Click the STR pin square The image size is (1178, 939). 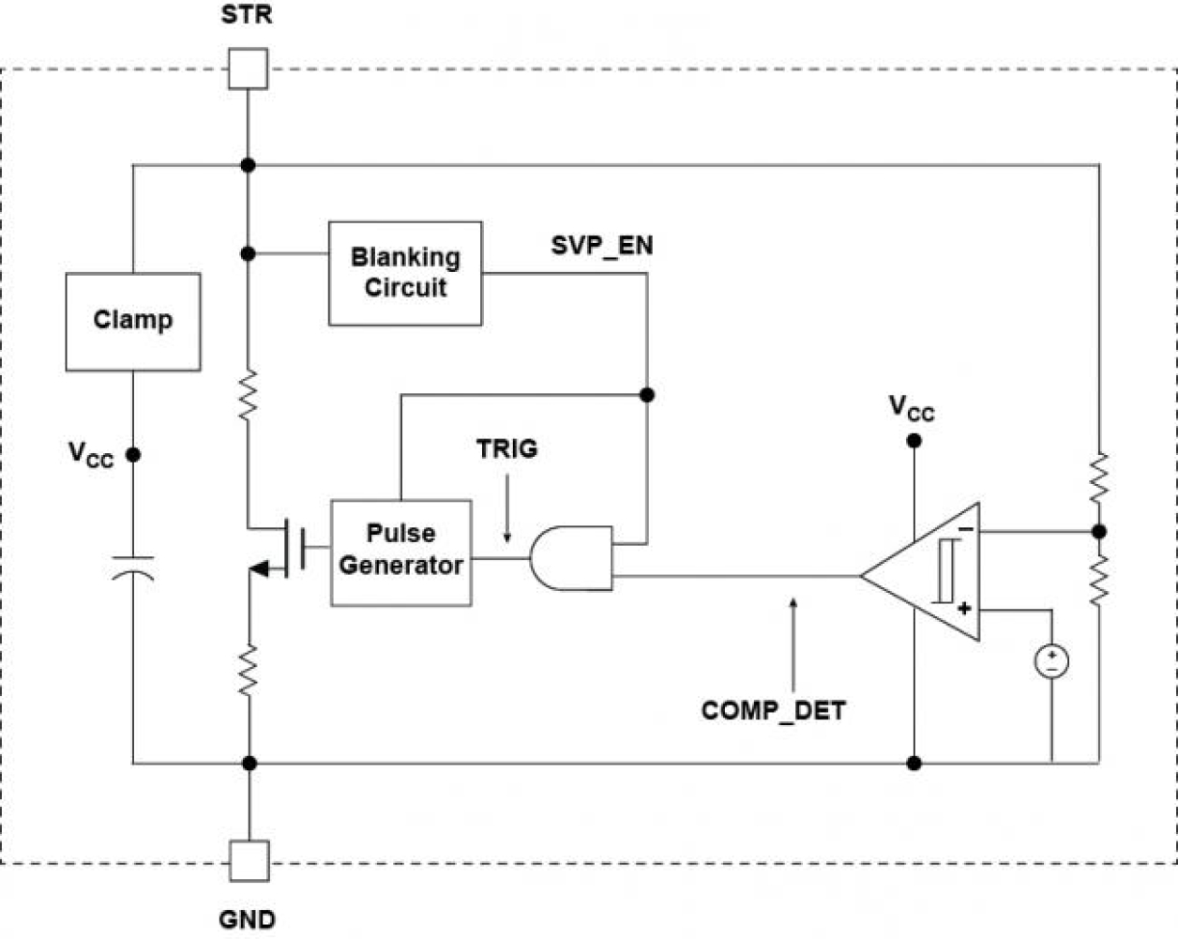248,68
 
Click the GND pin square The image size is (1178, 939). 249,860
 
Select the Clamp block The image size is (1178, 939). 132,322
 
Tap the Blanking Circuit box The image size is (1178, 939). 405,273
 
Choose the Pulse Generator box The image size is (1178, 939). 400,553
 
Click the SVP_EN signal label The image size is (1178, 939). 602,246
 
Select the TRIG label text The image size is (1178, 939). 506,449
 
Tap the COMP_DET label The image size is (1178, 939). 773,710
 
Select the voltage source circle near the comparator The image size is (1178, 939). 1051,661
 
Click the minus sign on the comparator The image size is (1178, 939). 965,531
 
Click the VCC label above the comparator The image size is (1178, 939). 912,408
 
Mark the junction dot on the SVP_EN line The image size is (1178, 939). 646,395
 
